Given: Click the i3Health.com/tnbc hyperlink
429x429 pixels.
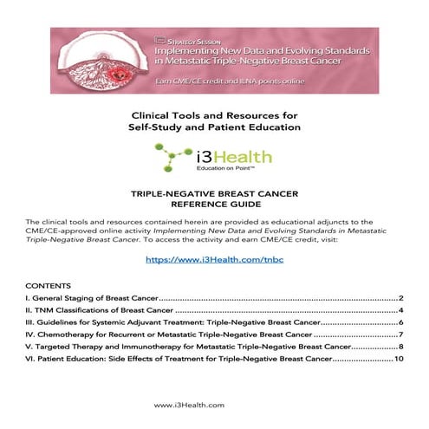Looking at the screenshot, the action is pos(214,258).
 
